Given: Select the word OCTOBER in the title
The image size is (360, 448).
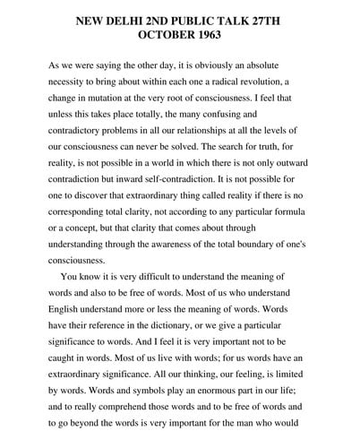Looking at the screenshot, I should point(162,36).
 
